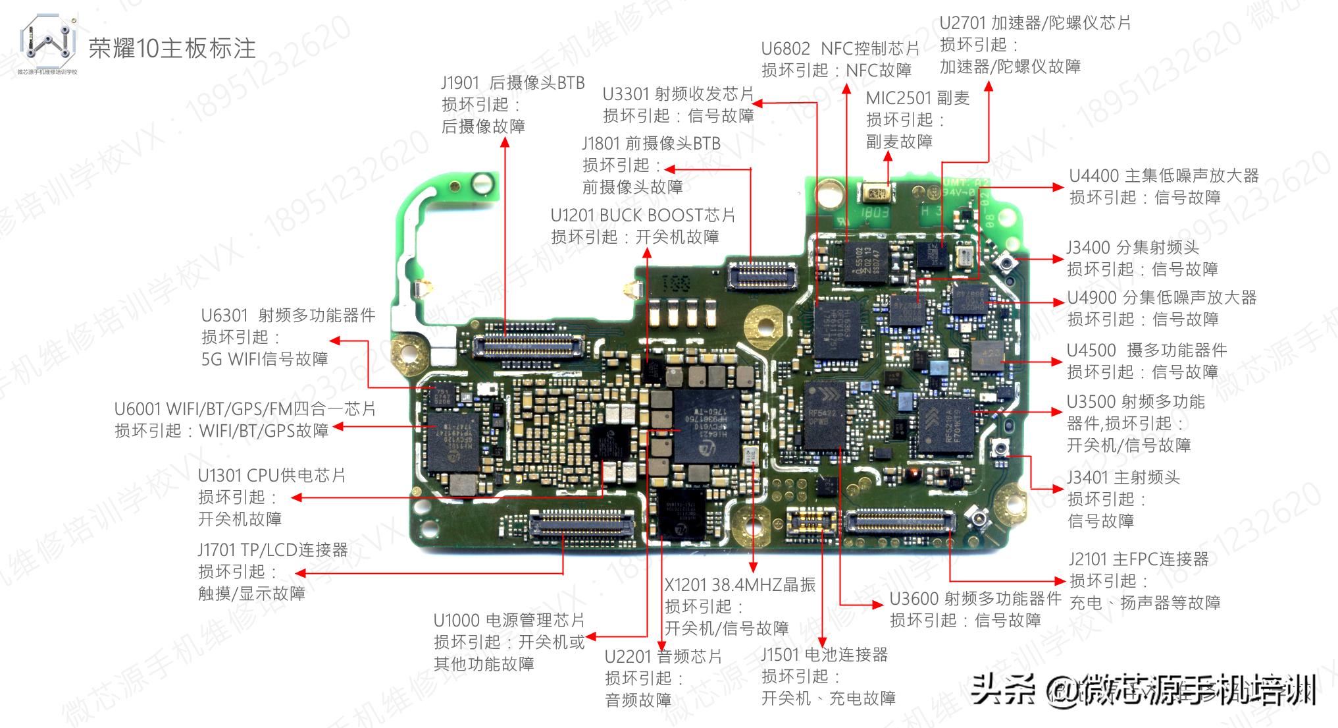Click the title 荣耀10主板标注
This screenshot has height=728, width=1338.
pos(172,48)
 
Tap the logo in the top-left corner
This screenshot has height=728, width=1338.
pos(47,44)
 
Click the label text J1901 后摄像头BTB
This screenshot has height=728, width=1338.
pos(513,83)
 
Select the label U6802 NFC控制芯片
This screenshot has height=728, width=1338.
pos(840,49)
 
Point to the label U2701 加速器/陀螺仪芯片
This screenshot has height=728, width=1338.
pos(1035,23)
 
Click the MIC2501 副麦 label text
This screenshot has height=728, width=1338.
pos(917,98)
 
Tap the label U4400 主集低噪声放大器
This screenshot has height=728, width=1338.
pos(1164,176)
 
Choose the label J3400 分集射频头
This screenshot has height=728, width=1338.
pos(1133,248)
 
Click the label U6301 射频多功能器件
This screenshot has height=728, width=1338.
pos(288,316)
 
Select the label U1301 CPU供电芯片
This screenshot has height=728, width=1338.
pos(272,476)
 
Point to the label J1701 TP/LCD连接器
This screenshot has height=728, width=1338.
pos(272,550)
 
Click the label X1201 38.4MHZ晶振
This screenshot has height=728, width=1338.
pos(740,585)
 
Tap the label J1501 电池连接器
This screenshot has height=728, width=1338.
pos(825,655)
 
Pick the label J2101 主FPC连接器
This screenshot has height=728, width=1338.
pos(1139,559)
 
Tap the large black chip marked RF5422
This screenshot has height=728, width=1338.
pos(824,416)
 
